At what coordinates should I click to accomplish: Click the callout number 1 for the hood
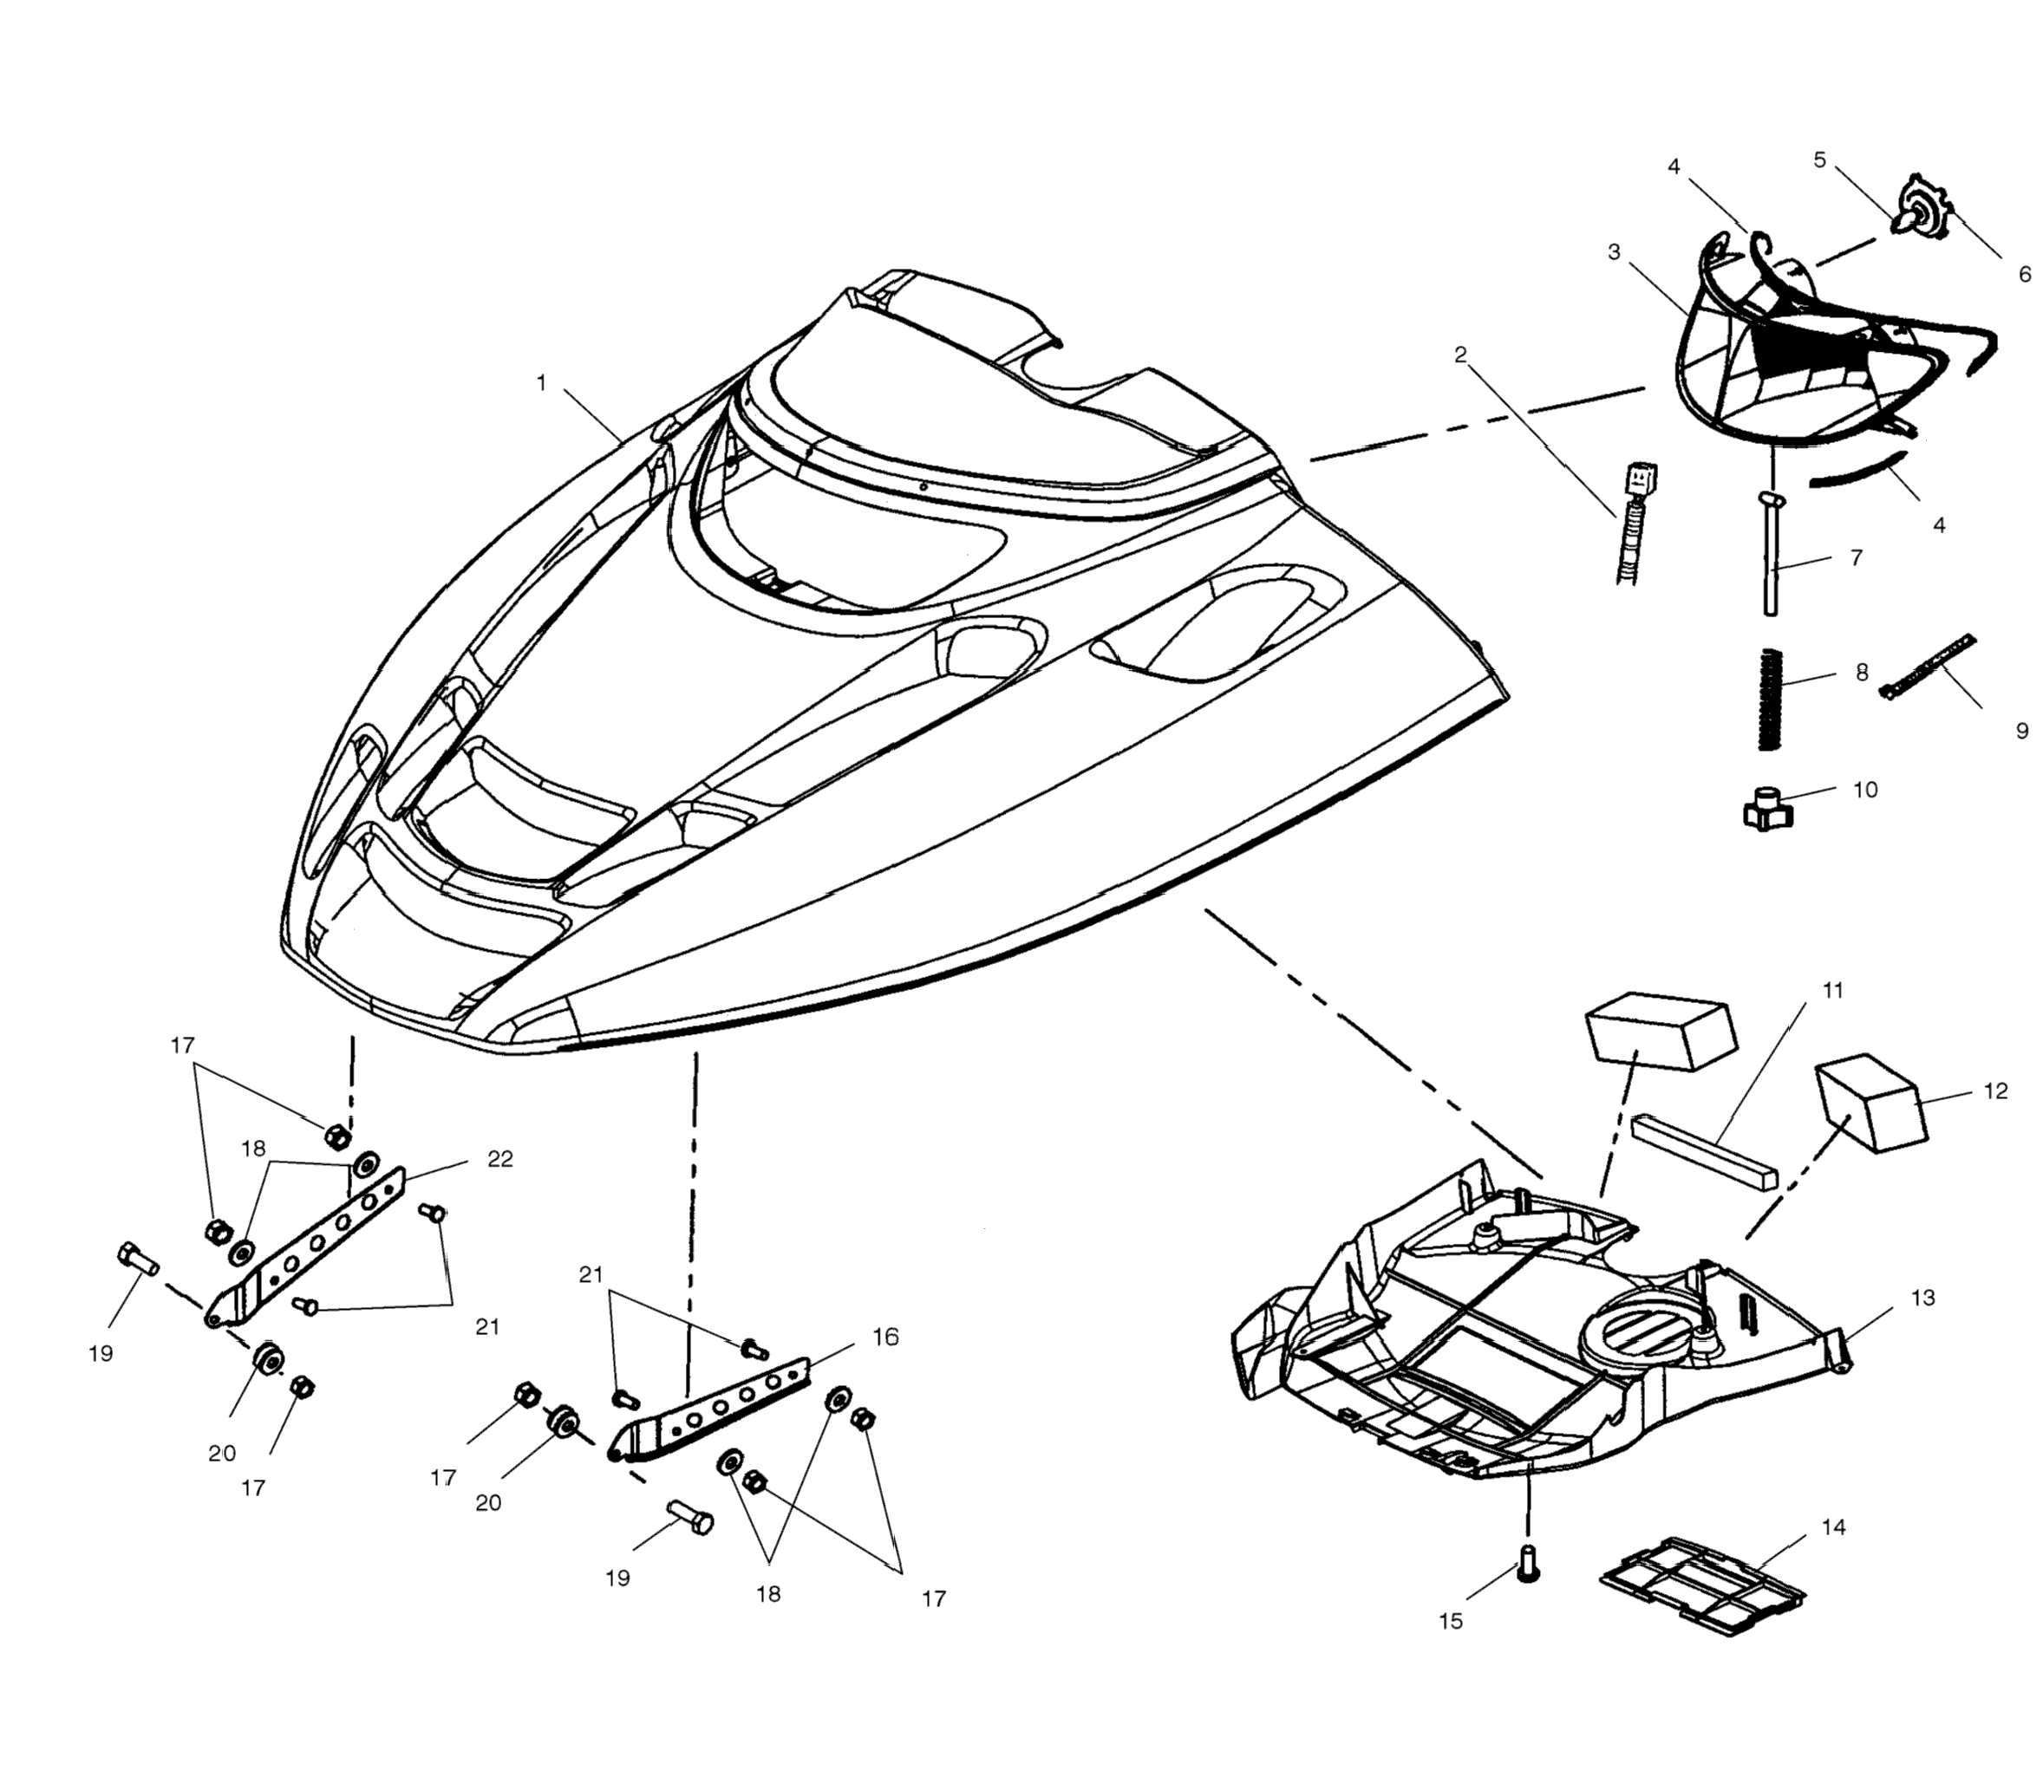pyautogui.click(x=541, y=382)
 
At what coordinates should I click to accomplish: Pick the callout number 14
pyautogui.click(x=1833, y=1527)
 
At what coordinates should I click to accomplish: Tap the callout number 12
pyautogui.click(x=1995, y=1090)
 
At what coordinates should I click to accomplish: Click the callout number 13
pyautogui.click(x=1923, y=1298)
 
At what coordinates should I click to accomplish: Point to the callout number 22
pyautogui.click(x=499, y=1159)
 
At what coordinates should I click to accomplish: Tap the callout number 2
pyautogui.click(x=1460, y=355)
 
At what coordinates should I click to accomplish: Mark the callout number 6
pyautogui.click(x=2024, y=274)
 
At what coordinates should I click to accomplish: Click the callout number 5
pyautogui.click(x=1819, y=159)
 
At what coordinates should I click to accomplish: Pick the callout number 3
pyautogui.click(x=1615, y=251)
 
